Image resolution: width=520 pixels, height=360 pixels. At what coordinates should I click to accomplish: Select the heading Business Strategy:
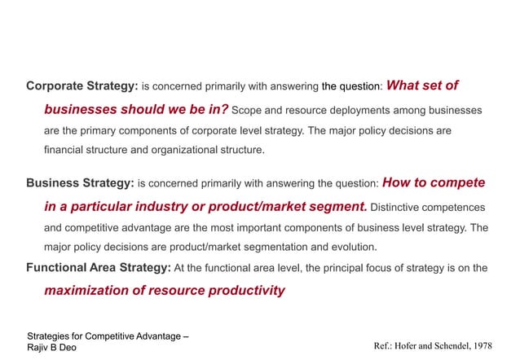pyautogui.click(x=80, y=183)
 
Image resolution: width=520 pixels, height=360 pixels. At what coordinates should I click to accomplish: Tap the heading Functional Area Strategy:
pyautogui.click(x=98, y=267)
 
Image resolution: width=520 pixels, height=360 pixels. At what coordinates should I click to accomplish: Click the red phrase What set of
pyautogui.click(x=422, y=85)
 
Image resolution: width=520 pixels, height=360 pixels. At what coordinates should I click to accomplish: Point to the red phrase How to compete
pyautogui.click(x=433, y=182)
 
